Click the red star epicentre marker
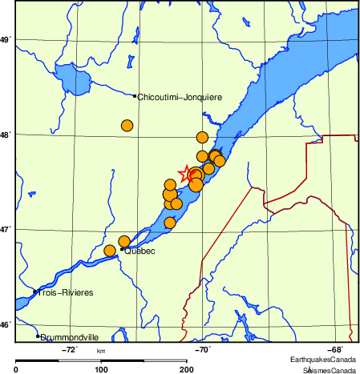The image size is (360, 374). pyautogui.click(x=186, y=173)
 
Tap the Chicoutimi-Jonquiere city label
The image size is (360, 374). pyautogui.click(x=180, y=97)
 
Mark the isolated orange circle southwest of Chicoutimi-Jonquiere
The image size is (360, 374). pyautogui.click(x=127, y=125)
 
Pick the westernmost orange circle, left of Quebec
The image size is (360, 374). pyautogui.click(x=110, y=251)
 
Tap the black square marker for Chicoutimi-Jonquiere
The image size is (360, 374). pyautogui.click(x=135, y=95)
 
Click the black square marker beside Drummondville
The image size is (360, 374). pyautogui.click(x=38, y=336)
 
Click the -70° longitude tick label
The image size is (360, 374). pyautogui.click(x=203, y=349)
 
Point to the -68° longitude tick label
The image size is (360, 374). pyautogui.click(x=336, y=349)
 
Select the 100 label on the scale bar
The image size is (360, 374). pyautogui.click(x=101, y=369)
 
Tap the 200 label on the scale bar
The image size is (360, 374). pyautogui.click(x=187, y=369)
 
